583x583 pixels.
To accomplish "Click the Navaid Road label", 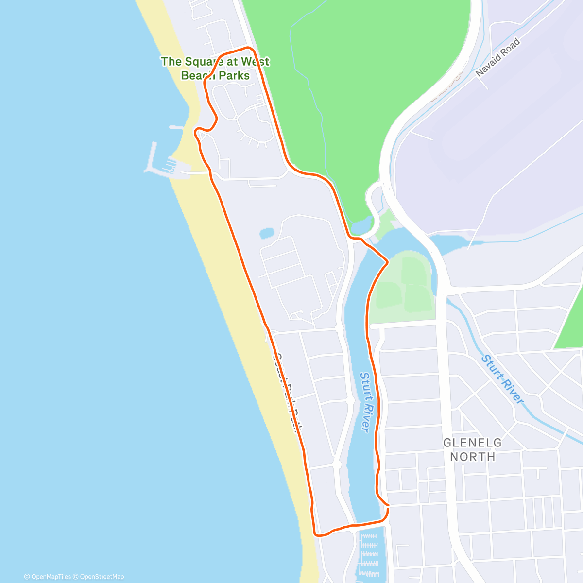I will (498, 57).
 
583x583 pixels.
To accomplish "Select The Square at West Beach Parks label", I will (215, 69).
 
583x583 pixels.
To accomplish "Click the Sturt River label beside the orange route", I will (365, 401).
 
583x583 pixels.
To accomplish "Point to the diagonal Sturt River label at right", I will (503, 379).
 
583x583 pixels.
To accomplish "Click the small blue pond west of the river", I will (267, 233).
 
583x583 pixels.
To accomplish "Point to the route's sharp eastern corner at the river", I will (387, 262).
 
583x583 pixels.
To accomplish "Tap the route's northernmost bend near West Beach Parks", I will (250, 48).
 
